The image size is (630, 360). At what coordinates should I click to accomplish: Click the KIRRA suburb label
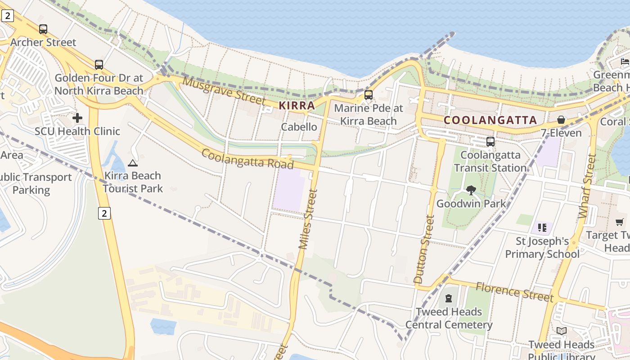click(297, 106)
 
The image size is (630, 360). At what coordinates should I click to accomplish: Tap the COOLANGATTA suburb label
click(490, 120)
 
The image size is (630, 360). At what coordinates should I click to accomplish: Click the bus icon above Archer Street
click(43, 29)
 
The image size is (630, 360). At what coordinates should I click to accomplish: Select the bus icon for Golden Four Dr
click(99, 65)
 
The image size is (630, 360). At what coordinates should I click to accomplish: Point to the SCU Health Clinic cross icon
click(77, 118)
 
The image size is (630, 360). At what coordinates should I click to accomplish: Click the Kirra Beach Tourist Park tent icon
click(132, 163)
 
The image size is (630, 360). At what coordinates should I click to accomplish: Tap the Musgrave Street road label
click(224, 90)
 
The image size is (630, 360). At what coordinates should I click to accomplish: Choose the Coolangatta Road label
click(247, 159)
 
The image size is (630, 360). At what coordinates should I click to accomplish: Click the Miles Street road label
click(308, 219)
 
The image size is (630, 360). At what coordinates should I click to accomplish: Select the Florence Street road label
click(514, 292)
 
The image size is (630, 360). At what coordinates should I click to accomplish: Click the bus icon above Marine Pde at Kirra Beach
click(369, 95)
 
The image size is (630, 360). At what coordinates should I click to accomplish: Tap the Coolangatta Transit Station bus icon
click(490, 142)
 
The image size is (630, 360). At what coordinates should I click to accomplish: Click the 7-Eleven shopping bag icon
click(561, 120)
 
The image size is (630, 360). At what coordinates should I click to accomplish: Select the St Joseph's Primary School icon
click(542, 228)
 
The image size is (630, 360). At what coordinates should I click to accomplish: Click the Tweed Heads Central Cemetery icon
click(449, 298)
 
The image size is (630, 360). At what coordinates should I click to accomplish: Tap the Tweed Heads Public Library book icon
click(561, 331)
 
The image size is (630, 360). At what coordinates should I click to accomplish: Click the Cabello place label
click(299, 127)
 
